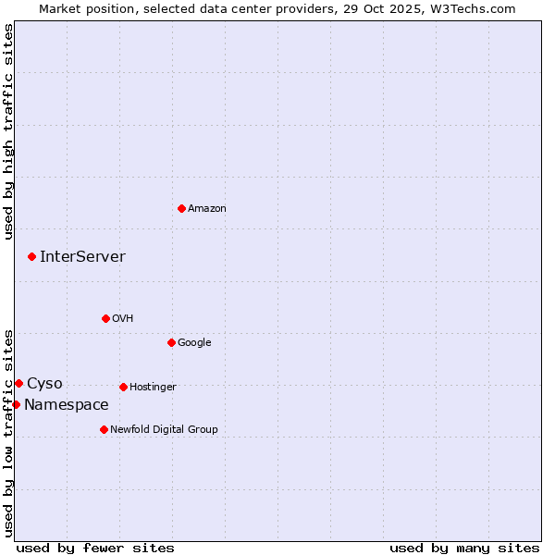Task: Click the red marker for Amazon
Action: click(181, 208)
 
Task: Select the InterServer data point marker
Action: click(31, 256)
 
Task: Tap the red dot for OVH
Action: click(105, 318)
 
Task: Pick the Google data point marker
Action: click(171, 342)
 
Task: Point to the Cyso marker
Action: click(18, 383)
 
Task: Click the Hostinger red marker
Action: click(123, 387)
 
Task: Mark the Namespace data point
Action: click(16, 404)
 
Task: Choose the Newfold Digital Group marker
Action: click(104, 429)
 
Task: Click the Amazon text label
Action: click(207, 209)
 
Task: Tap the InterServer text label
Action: click(82, 257)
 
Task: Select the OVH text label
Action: click(123, 319)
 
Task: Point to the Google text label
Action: click(194, 343)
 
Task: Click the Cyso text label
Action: click(44, 384)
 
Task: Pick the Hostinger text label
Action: click(153, 388)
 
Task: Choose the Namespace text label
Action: click(66, 405)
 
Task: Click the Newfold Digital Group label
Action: click(164, 430)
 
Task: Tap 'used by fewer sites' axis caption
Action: click(95, 548)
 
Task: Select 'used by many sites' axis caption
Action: click(464, 548)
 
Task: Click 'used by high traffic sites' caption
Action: click(9, 131)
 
